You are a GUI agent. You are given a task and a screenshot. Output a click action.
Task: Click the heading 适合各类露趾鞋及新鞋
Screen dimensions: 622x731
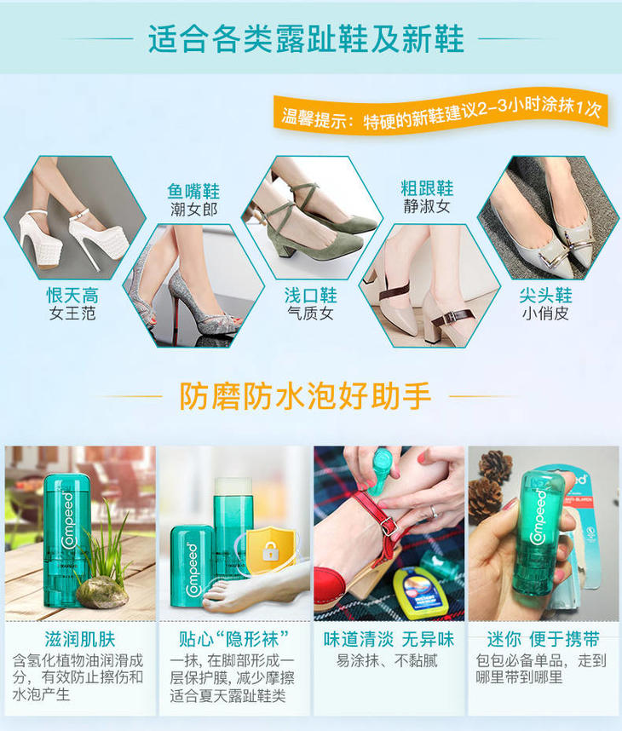[x=306, y=38]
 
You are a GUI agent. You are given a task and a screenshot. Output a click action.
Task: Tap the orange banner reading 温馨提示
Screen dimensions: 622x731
[x=441, y=112]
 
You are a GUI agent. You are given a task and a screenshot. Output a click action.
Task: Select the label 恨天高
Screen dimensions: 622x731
[x=72, y=295]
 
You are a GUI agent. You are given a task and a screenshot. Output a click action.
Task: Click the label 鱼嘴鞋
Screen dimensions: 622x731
[x=193, y=191]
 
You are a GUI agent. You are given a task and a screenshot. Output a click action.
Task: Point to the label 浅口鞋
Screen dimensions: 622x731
[x=310, y=295]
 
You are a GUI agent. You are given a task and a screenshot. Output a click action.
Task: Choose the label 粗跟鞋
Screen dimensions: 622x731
[x=427, y=188]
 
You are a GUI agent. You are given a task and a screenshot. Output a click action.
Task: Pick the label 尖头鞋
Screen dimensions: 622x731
[x=545, y=295]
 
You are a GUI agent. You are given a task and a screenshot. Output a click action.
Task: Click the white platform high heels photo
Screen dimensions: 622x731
[x=75, y=218]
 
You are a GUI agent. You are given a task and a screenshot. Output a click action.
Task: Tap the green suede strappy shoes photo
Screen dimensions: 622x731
[x=312, y=218]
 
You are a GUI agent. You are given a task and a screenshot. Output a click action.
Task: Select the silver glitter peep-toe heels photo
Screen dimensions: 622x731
[x=193, y=285]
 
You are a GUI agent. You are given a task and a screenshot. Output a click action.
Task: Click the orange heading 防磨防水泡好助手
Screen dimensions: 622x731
[x=305, y=396]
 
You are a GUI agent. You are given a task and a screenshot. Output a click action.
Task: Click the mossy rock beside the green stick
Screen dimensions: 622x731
[x=101, y=592]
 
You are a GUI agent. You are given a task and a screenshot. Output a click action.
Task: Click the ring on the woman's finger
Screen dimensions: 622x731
[x=434, y=512]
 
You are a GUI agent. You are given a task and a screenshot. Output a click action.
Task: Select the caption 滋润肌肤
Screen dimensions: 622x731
[x=80, y=639]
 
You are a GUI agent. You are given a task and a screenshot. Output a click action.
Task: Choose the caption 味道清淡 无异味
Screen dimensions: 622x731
[x=389, y=639]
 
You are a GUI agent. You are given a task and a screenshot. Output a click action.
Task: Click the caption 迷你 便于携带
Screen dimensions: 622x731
[x=544, y=639]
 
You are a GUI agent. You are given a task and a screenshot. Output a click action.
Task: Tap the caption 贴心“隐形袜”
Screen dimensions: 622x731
[x=234, y=639]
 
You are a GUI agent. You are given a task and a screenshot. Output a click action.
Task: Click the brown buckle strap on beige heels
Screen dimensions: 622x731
[x=451, y=319]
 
